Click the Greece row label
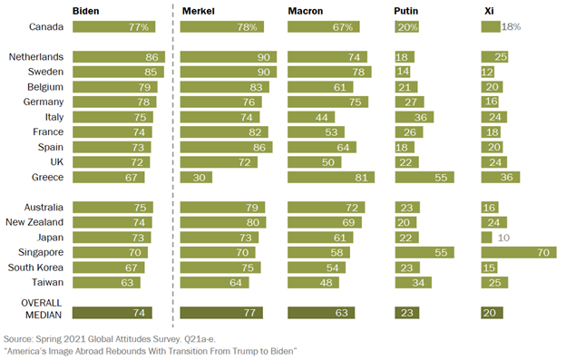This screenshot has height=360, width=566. [43, 177]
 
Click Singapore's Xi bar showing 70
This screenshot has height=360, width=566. [518, 251]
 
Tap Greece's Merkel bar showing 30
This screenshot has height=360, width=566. [196, 177]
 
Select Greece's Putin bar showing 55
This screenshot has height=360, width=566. [425, 177]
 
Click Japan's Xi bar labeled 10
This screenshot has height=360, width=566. [486, 236]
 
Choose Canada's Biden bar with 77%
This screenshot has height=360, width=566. [112, 27]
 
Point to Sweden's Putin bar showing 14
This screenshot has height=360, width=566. [404, 71]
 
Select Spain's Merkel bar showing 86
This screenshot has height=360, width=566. [226, 146]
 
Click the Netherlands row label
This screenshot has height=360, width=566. [34, 56]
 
